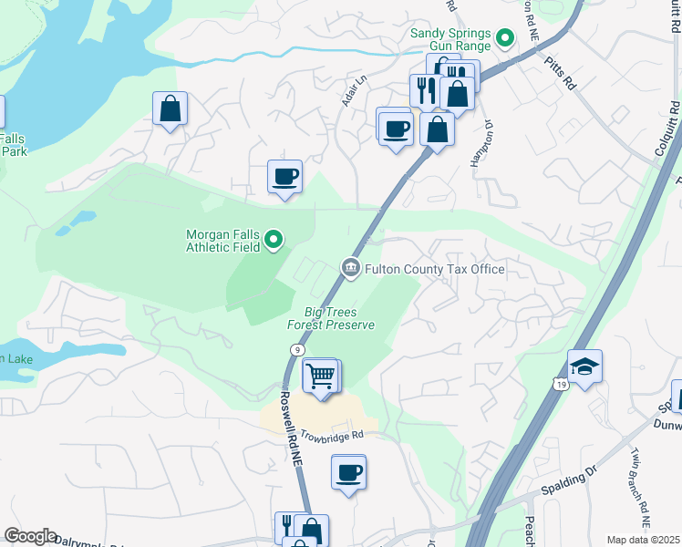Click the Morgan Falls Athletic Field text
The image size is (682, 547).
click(x=223, y=241)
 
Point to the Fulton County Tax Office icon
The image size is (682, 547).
click(x=349, y=268)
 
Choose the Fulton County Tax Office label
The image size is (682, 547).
click(x=434, y=269)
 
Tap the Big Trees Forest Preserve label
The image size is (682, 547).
click(x=331, y=318)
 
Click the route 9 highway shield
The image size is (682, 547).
click(x=297, y=350)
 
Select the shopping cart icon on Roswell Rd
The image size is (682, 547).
click(x=320, y=376)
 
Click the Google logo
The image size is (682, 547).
click(x=30, y=536)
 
